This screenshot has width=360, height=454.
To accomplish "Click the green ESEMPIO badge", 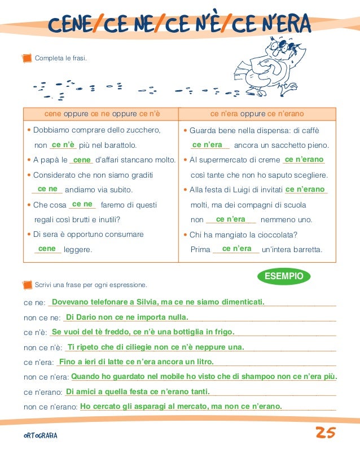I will pyautogui.click(x=284, y=276).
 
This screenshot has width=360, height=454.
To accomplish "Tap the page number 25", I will pyautogui.click(x=326, y=433).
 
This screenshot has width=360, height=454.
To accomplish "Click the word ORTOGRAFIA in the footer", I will pyautogui.click(x=40, y=436).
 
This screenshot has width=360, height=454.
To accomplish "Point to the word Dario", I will pyautogui.click(x=87, y=317).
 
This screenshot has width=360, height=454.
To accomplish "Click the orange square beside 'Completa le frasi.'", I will pyautogui.click(x=25, y=58).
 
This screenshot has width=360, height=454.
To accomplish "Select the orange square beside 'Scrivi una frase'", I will pyautogui.click(x=25, y=284).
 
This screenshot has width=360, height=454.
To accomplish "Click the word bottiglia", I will pyautogui.click(x=188, y=332).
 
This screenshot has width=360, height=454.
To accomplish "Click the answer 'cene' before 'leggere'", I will pyautogui.click(x=47, y=249).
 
